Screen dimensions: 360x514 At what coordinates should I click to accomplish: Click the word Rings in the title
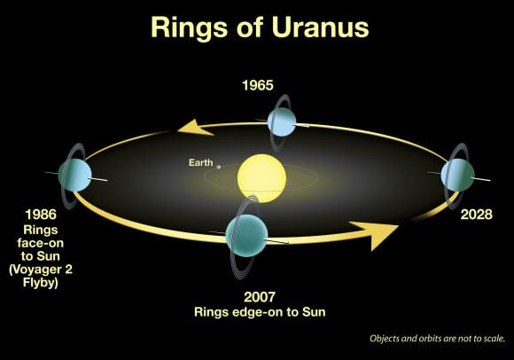184,27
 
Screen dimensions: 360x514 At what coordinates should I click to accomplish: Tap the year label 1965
259,86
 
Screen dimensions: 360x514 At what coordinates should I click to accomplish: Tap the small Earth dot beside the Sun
218,164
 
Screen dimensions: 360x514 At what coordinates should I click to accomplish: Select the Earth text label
200,162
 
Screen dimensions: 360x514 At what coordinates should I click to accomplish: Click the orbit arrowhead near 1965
198,127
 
